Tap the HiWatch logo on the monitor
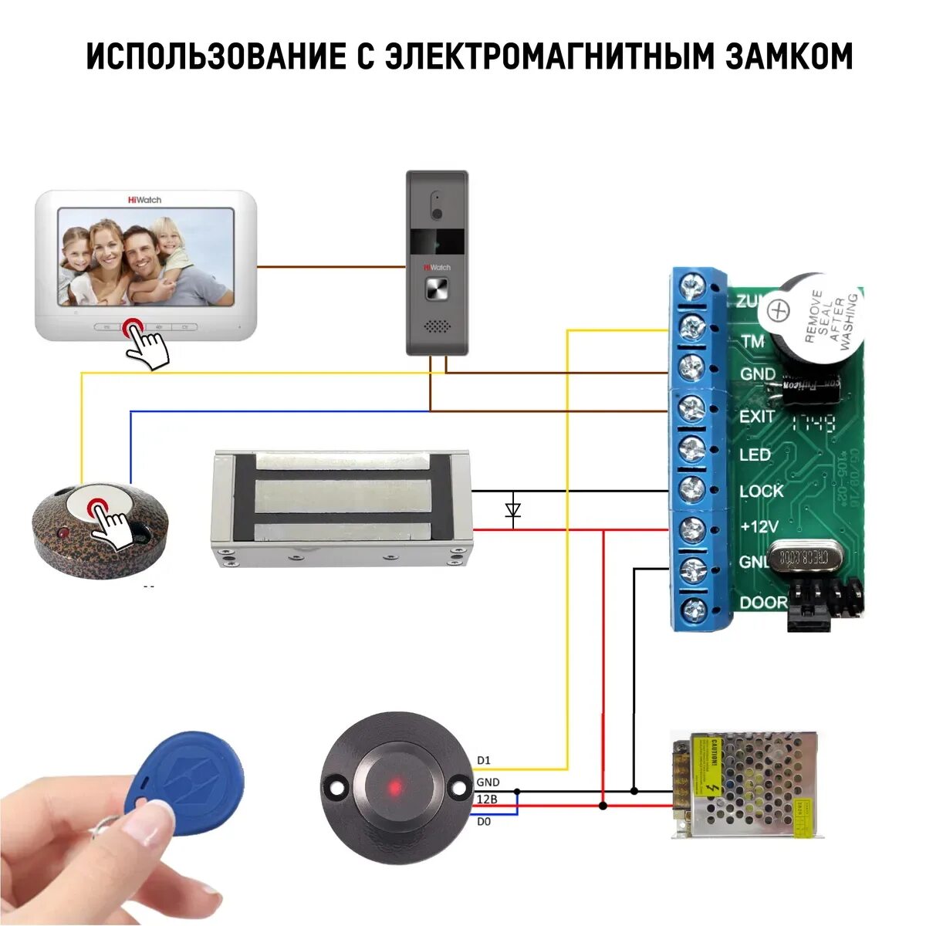[144, 200]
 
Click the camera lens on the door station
[437, 212]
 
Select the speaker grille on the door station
[437, 327]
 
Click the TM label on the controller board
[752, 340]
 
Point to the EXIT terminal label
[757, 417]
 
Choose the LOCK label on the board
[761, 491]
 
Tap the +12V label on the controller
[759, 527]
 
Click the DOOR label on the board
[763, 603]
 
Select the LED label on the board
[755, 455]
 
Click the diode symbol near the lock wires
[513, 510]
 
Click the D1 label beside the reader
[484, 760]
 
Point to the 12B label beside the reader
[487, 799]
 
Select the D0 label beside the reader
[484, 821]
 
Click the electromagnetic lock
[340, 508]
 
